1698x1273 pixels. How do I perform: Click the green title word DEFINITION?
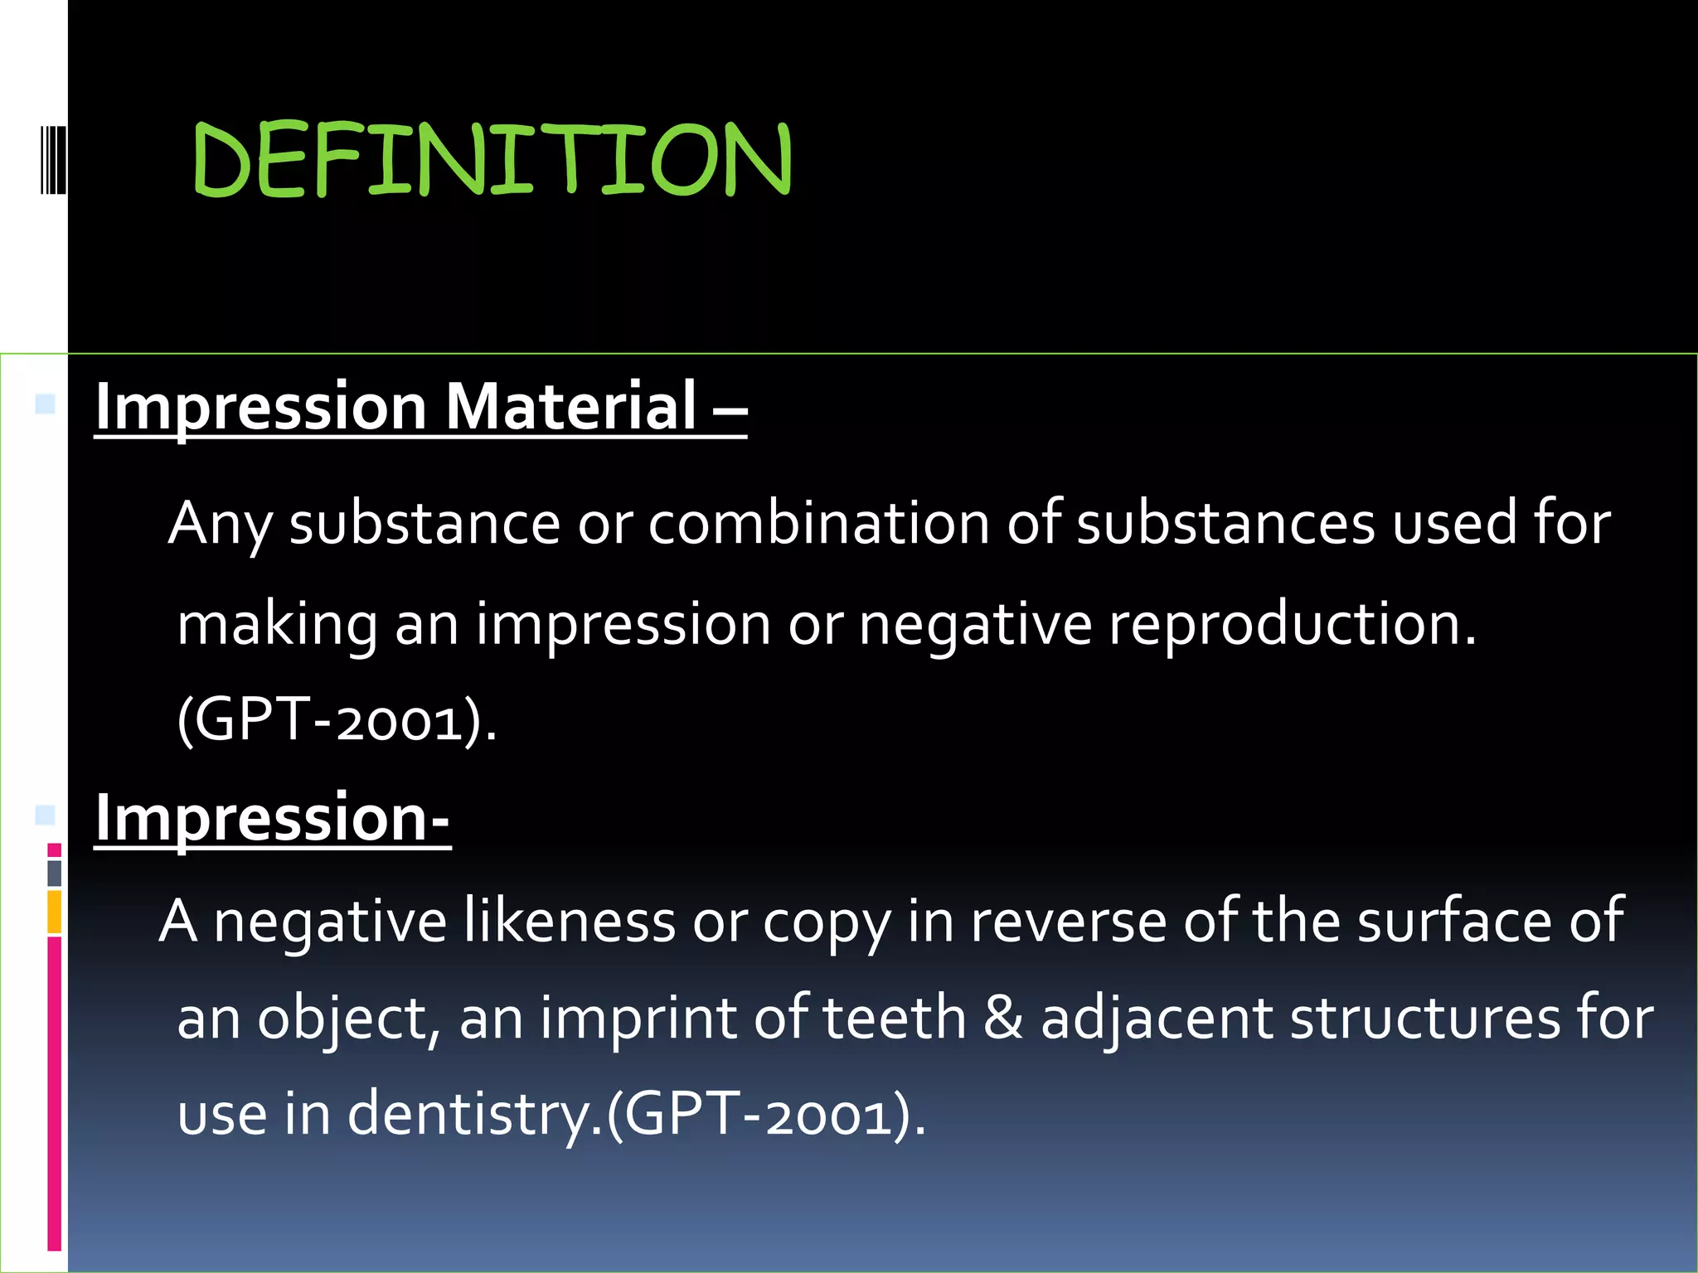(x=492, y=159)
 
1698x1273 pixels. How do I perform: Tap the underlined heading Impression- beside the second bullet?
(x=272, y=817)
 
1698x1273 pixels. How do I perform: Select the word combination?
(x=818, y=524)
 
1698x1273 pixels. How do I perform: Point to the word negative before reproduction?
(x=975, y=623)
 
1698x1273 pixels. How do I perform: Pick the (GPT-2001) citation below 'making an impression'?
(x=336, y=719)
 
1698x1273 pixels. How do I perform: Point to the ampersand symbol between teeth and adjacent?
(x=1002, y=1018)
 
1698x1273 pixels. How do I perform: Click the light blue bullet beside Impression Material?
(x=46, y=404)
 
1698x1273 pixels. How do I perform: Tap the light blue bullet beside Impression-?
(x=46, y=816)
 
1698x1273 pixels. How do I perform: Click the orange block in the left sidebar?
(x=54, y=912)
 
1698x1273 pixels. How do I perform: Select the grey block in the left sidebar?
(x=54, y=873)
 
